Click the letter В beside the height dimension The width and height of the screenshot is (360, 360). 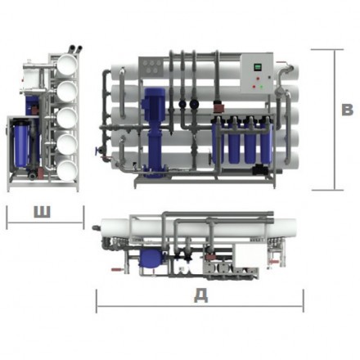click(x=348, y=110)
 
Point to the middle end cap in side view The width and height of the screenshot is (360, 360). click(x=65, y=116)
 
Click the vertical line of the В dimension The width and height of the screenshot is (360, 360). click(x=334, y=119)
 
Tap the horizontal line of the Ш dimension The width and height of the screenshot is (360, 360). click(x=45, y=223)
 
